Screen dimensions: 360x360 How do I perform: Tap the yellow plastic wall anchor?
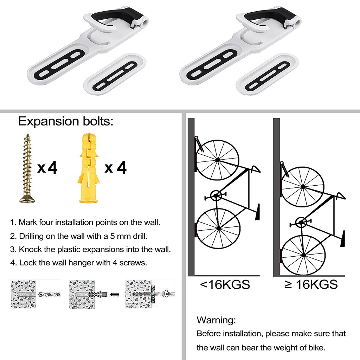89,168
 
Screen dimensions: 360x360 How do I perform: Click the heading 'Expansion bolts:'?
66,121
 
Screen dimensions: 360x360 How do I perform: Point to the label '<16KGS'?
225,284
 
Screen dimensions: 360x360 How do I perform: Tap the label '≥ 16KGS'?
311,284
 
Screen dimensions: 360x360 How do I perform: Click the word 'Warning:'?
216,320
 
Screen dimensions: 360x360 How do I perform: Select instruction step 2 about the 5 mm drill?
79,236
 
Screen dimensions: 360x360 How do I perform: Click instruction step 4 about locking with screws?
78,263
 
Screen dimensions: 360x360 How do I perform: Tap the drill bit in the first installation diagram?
49,294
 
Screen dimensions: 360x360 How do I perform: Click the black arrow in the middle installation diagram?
114,294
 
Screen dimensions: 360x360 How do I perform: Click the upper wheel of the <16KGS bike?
217,160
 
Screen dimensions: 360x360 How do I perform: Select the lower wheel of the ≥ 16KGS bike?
303,255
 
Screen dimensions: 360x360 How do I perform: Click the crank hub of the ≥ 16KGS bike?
301,222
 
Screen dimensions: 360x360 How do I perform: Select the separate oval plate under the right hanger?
267,74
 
